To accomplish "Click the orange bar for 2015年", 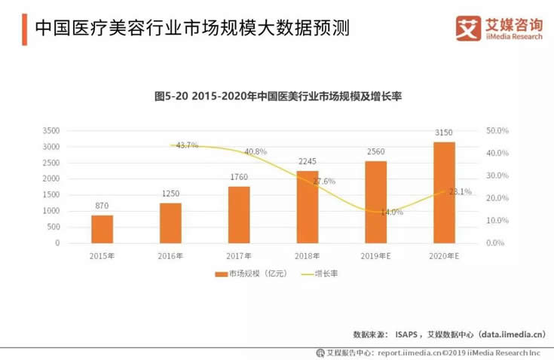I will pos(103,229).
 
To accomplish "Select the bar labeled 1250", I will pos(171,223).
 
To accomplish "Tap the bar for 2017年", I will pos(239,215).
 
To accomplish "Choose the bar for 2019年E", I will pos(376,202).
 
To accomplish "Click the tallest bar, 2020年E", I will pos(445,192).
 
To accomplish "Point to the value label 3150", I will pos(445,133).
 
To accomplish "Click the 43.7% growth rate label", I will pos(187,145).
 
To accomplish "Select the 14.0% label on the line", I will pos(392,212).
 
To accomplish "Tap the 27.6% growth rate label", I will pos(323,182).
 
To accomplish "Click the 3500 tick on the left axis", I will pos(51,130).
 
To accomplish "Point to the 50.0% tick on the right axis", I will pos(497,130).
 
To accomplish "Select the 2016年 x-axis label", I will pos(171,256).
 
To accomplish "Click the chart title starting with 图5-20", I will pos(277,96).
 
